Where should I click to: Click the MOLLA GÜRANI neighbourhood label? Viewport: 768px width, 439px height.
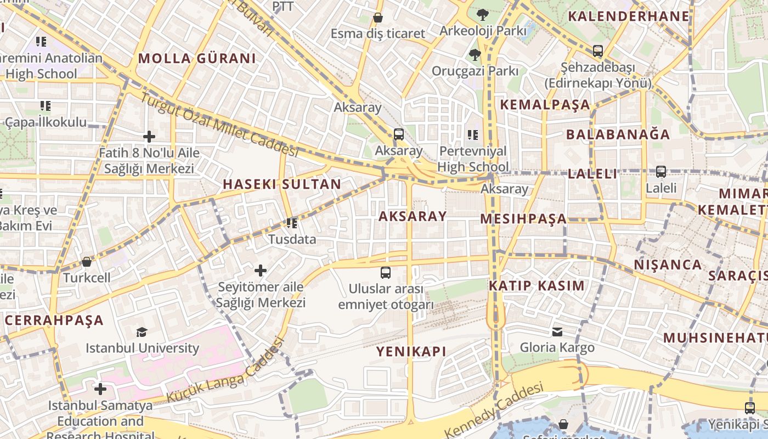197,58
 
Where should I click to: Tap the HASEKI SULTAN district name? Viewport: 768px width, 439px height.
282,184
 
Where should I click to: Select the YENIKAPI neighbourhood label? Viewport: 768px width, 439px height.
411,352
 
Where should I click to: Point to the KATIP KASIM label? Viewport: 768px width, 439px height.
537,286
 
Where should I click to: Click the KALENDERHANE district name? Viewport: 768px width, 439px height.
628,16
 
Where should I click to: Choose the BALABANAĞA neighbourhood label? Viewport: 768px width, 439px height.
618,134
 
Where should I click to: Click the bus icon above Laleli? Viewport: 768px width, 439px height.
660,172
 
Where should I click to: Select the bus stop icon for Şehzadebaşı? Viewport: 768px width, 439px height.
597,51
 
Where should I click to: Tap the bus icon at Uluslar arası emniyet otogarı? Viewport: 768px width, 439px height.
386,272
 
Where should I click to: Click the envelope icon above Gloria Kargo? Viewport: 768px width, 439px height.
557,331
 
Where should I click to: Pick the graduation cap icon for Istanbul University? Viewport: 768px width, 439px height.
142,331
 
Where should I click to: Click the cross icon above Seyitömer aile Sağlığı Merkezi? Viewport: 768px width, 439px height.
261,270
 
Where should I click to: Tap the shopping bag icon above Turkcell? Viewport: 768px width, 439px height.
86,262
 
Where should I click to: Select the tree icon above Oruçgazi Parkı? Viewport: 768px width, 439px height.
475,54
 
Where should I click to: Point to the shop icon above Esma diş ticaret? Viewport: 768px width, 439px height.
377,18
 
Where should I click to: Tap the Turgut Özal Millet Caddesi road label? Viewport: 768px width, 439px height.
219,125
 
